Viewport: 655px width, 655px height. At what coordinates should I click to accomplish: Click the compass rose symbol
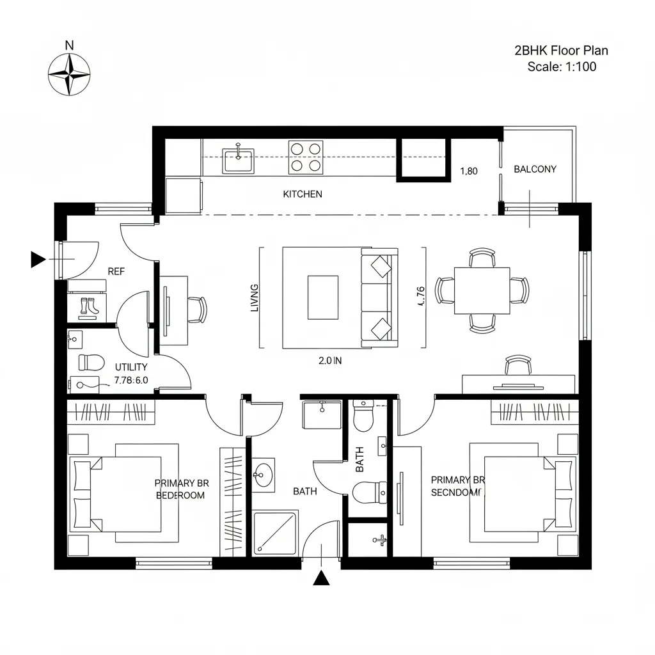[69, 74]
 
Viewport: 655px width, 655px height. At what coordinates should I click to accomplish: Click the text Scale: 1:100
[562, 66]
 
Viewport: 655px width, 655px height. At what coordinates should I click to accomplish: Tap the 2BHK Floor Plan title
[561, 50]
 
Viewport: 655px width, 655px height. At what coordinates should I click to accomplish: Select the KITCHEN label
[303, 194]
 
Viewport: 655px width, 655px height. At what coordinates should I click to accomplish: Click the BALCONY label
[535, 170]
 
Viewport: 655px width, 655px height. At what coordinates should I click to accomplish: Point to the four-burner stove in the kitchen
[305, 157]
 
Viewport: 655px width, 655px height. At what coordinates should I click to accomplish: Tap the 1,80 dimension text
[470, 171]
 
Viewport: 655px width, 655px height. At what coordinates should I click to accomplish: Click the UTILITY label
[131, 367]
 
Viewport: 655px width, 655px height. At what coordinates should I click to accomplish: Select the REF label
[116, 271]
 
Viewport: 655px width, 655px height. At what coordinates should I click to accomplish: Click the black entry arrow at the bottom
[321, 578]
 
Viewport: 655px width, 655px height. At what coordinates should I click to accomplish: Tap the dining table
[482, 291]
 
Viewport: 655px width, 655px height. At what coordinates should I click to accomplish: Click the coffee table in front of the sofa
[323, 297]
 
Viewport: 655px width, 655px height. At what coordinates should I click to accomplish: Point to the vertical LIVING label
[255, 297]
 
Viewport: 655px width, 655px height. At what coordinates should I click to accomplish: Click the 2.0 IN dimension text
[330, 361]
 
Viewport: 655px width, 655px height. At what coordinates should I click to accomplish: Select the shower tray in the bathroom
[275, 532]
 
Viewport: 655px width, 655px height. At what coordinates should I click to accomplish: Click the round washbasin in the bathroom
[263, 475]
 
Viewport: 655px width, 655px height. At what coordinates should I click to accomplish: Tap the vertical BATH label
[359, 459]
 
